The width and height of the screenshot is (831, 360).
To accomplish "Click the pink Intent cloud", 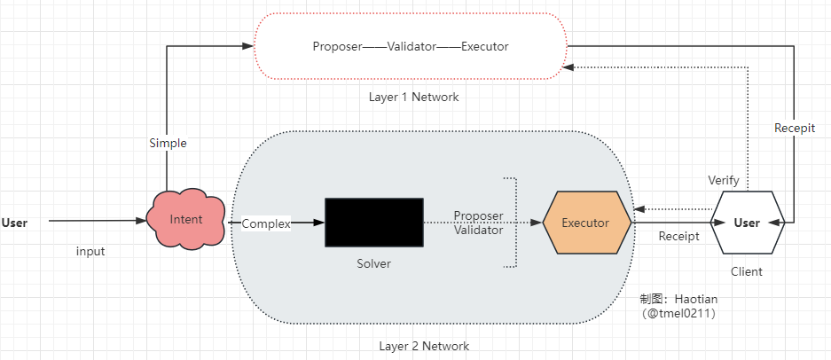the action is tap(186, 219).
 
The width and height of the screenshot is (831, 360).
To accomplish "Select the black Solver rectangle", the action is tap(374, 223).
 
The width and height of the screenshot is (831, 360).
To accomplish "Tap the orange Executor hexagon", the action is tap(587, 223).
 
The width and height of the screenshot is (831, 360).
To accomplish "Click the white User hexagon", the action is tap(748, 223).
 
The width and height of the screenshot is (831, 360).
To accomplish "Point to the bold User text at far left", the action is tap(14, 223).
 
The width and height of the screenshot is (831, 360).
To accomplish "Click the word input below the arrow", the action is tap(90, 251).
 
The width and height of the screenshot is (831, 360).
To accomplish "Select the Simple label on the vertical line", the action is tap(168, 143).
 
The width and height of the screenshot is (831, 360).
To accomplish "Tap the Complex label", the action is tap(266, 223).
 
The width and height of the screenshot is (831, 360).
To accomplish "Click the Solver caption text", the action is tap(373, 263).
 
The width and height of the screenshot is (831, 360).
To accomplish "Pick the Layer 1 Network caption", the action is tap(414, 97).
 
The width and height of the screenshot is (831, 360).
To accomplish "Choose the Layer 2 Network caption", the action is tap(424, 346).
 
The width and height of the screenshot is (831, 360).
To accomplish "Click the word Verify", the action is tap(724, 180).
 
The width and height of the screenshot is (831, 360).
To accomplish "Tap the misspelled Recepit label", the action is tap(795, 128).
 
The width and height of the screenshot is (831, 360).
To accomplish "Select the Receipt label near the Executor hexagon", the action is tap(678, 237).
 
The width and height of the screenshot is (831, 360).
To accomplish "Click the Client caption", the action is tap(747, 272).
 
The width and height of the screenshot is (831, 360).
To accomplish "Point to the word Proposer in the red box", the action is tap(337, 47).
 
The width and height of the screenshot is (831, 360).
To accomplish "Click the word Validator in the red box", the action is tap(412, 47).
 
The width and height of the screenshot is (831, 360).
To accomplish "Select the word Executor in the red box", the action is tap(485, 47).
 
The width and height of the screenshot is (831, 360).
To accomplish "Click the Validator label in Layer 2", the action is tap(479, 231).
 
